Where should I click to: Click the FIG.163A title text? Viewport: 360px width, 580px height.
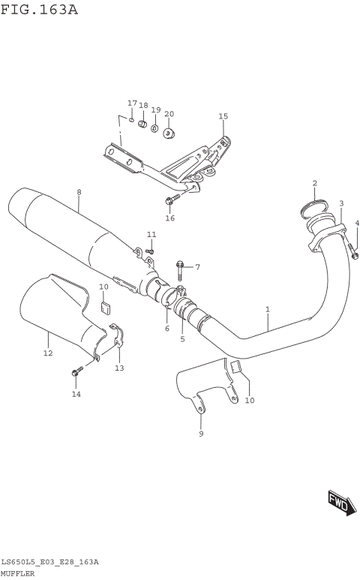point(40,10)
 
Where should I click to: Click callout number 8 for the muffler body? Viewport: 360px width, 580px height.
point(79,192)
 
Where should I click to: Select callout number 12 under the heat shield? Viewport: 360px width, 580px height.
point(47,353)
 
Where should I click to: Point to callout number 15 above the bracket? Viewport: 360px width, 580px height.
point(223,116)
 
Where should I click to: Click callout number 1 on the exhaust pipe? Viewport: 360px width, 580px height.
point(267,308)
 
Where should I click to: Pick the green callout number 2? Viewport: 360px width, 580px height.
point(315,183)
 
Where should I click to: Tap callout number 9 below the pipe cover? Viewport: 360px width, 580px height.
point(201,434)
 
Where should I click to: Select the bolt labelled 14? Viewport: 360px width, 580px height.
point(76,371)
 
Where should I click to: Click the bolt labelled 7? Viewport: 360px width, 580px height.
point(181,266)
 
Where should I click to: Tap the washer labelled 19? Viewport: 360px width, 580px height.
point(154,129)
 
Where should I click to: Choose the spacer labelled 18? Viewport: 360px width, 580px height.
point(141,123)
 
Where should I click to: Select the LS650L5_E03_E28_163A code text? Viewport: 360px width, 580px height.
point(49,561)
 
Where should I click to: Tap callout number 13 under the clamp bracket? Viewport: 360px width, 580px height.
point(119,368)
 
